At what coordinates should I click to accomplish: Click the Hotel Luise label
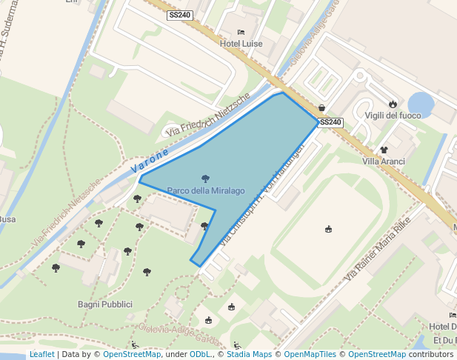(x=241, y=44)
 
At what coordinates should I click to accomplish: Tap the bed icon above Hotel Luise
(x=241, y=33)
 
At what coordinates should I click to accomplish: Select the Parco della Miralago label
(x=206, y=190)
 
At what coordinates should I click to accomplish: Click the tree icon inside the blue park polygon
(x=205, y=179)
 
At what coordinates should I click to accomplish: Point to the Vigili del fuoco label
(x=393, y=115)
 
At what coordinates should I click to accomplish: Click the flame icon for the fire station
(x=393, y=104)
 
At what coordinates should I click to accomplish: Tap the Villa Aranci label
(x=384, y=161)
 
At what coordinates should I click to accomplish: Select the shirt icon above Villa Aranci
(x=384, y=150)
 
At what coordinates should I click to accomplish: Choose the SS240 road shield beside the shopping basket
(x=330, y=122)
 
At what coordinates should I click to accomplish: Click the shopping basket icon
(x=321, y=107)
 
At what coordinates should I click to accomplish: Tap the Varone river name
(x=150, y=161)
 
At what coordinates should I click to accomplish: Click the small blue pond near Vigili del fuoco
(x=421, y=103)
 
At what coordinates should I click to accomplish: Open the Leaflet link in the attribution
(x=41, y=354)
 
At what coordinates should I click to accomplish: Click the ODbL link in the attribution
(x=200, y=354)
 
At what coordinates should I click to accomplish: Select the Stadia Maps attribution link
(x=249, y=354)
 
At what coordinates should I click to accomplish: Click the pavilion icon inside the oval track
(x=329, y=229)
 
